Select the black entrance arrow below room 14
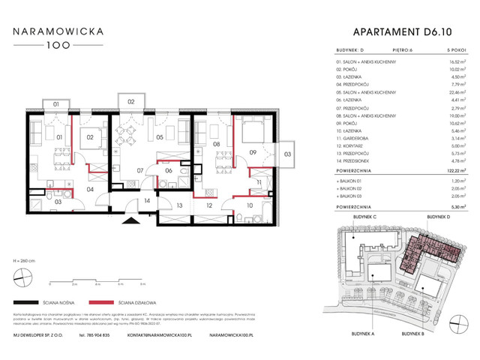click(x=133, y=220)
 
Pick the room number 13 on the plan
click(x=180, y=205)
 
